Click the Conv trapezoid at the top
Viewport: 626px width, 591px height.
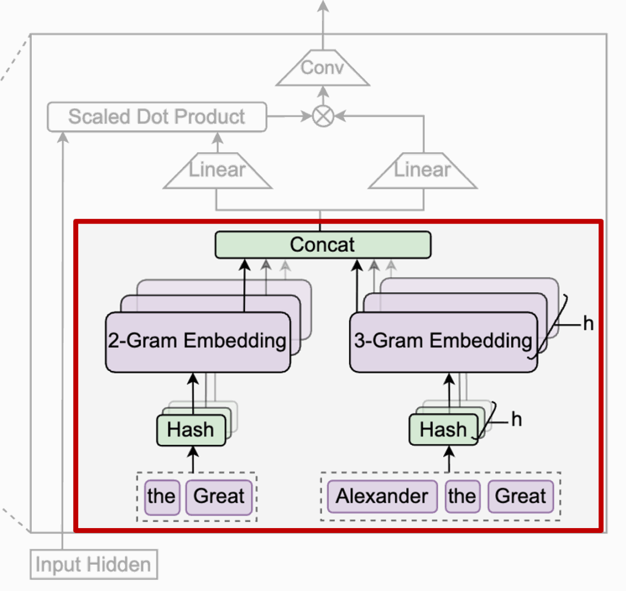tap(322, 68)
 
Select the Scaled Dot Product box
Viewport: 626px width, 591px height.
tap(156, 117)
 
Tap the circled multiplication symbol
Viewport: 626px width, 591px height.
tap(323, 116)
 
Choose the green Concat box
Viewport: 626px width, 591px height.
tap(323, 244)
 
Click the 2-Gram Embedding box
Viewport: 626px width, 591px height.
tap(197, 341)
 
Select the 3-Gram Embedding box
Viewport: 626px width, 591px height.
tap(443, 341)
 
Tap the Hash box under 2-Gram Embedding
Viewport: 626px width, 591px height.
tap(191, 430)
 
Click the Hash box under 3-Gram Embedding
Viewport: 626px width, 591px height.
tap(443, 430)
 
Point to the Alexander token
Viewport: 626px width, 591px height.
tap(382, 496)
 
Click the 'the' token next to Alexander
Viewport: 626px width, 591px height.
tap(462, 496)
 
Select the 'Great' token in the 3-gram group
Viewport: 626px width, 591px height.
tap(520, 496)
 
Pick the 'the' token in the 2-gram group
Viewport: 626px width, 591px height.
tap(161, 496)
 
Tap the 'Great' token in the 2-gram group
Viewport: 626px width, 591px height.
tap(219, 496)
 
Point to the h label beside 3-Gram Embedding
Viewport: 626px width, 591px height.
tap(588, 323)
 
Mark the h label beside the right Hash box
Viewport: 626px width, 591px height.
tap(517, 420)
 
